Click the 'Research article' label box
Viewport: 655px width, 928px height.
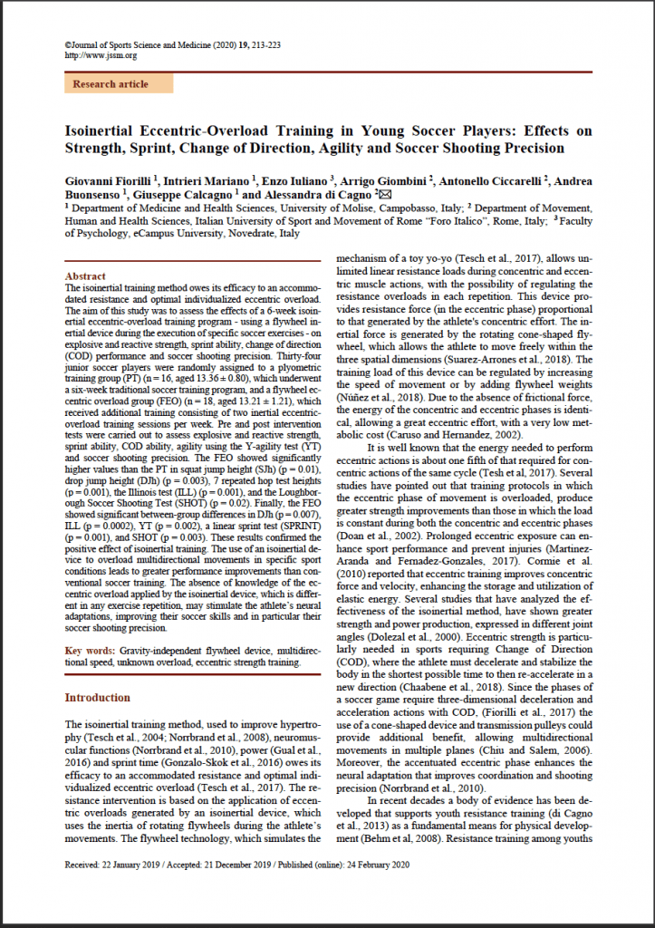[111, 84]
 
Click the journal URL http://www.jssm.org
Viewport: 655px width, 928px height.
[101, 55]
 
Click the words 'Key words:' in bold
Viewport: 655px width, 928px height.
[90, 651]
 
